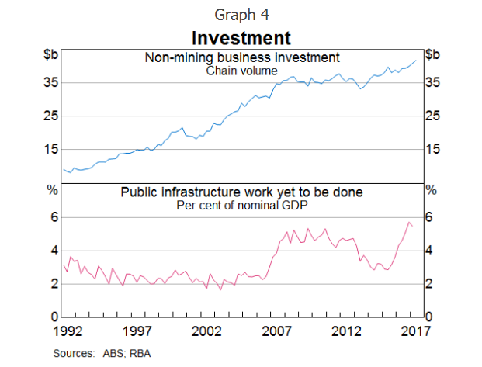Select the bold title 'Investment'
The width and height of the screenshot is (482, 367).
pyautogui.click(x=241, y=37)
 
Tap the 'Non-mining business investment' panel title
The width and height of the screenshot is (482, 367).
pyautogui.click(x=241, y=57)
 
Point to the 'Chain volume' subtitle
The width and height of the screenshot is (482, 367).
pyautogui.click(x=241, y=70)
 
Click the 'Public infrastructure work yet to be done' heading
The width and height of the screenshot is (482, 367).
pyautogui.click(x=241, y=192)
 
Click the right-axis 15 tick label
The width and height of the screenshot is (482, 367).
pyautogui.click(x=433, y=149)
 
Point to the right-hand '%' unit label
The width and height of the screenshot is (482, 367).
pyautogui.click(x=432, y=189)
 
